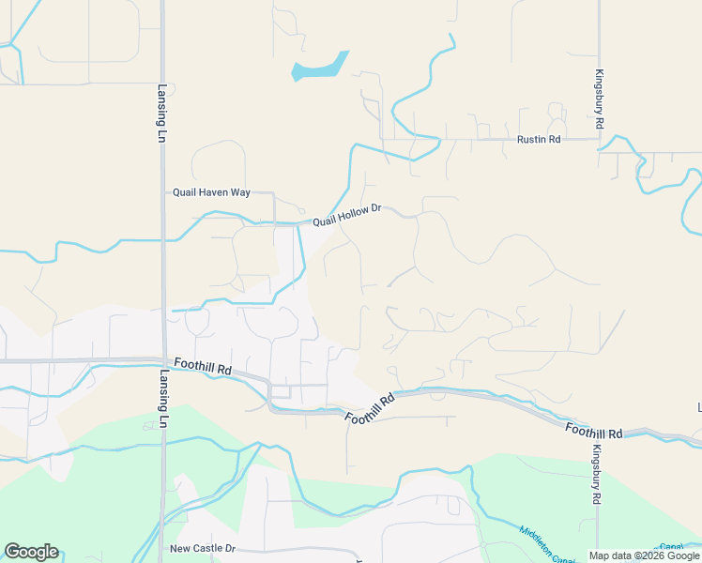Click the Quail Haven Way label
tap(211, 192)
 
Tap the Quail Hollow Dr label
tap(346, 215)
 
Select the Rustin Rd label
tap(539, 140)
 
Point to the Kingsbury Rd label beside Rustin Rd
tap(599, 99)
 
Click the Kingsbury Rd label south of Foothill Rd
tap(596, 478)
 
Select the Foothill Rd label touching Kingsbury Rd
tap(595, 431)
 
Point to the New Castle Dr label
tap(202, 548)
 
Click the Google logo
tap(31, 552)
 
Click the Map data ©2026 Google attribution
tap(645, 555)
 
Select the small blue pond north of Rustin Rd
tap(317, 68)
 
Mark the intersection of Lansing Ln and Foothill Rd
tap(162, 359)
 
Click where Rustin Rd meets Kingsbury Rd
tap(599, 140)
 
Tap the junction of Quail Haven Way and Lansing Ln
tap(162, 192)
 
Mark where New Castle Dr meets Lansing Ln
tap(162, 549)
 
